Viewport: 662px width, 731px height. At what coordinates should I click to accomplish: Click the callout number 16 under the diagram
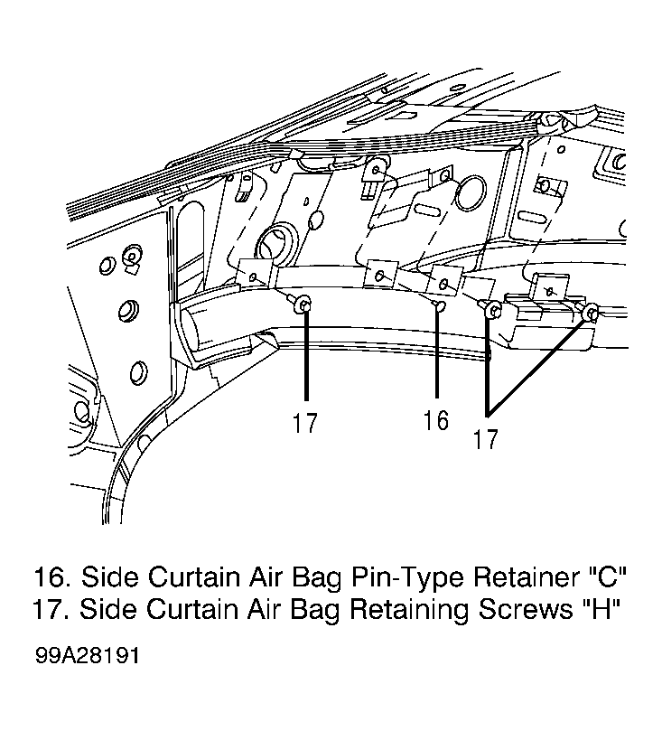[436, 419]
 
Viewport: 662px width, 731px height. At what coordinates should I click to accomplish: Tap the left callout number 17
[305, 423]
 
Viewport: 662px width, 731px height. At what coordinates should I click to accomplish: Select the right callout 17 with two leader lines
[485, 439]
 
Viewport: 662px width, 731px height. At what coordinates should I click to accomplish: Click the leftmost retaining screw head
[303, 305]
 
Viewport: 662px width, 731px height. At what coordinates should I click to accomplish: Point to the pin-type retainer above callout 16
[438, 306]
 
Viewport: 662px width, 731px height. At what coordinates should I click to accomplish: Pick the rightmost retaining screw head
[591, 312]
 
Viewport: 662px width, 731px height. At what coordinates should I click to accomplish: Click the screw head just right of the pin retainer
[493, 309]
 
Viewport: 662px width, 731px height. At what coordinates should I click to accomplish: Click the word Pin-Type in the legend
[406, 577]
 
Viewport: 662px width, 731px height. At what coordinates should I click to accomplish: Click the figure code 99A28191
[87, 656]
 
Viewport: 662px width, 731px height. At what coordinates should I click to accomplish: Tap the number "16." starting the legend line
[52, 576]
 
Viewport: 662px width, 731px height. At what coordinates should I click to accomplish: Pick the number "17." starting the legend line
[52, 608]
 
